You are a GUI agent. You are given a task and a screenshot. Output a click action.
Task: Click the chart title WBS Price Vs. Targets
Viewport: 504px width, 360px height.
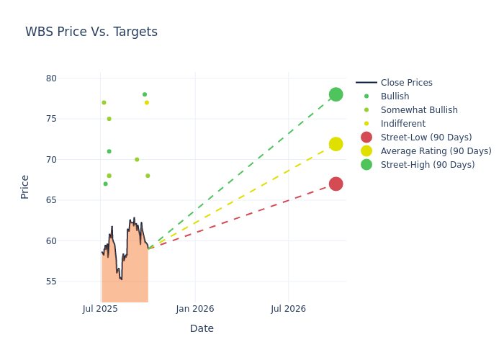(91, 32)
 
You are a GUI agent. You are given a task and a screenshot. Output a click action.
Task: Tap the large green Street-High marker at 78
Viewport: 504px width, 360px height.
(336, 94)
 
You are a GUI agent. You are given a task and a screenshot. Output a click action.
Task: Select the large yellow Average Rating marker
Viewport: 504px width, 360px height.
(336, 144)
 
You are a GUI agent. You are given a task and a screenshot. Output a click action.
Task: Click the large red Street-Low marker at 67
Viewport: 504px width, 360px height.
(336, 184)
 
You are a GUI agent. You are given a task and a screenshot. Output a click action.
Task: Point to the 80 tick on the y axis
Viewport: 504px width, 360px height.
(52, 78)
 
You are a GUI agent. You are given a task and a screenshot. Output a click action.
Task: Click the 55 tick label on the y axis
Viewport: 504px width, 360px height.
(52, 282)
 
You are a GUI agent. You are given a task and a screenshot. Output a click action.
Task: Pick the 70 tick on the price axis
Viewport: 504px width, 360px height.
(52, 159)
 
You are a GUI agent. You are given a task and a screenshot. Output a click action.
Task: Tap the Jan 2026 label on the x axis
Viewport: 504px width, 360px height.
(195, 309)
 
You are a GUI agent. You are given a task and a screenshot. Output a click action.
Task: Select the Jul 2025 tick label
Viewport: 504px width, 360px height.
(101, 309)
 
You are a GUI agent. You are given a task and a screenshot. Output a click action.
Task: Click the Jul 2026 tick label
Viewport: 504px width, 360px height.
(289, 309)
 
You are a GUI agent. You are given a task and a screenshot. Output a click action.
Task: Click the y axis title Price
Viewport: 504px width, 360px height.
(25, 186)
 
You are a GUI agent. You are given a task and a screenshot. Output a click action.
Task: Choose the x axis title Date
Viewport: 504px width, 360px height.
(202, 328)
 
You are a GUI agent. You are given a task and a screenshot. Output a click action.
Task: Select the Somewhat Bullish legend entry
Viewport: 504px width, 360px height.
(419, 110)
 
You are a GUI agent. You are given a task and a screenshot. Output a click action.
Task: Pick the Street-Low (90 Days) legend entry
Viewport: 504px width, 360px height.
(426, 138)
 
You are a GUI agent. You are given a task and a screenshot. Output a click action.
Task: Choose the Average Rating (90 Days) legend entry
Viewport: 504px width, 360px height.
(436, 151)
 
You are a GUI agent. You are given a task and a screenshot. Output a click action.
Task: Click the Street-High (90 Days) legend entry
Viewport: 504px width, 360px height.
(428, 165)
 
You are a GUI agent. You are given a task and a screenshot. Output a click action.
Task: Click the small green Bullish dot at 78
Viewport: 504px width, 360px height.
(145, 94)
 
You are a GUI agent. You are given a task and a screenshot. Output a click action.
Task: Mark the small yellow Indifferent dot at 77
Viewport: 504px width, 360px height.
(147, 102)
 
